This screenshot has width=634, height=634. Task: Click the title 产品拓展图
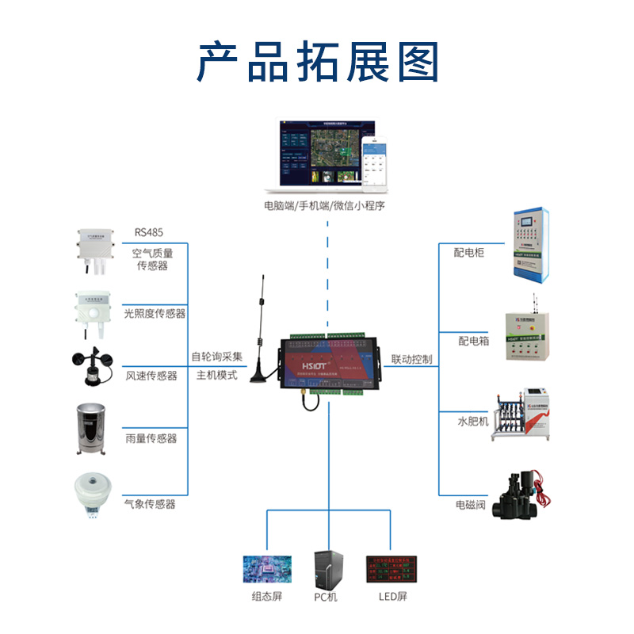pos(317,62)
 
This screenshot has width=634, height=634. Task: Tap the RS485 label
pos(149,233)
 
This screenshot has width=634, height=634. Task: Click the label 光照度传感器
pos(155,314)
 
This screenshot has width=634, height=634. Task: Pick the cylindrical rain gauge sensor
pos(92,430)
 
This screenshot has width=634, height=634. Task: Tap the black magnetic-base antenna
pos(260,337)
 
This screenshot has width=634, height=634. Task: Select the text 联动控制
pos(412,360)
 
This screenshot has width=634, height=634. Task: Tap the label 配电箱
pos(473,341)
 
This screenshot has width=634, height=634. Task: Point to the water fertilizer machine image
pos(525,414)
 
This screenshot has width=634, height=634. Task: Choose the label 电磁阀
pos(470,504)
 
